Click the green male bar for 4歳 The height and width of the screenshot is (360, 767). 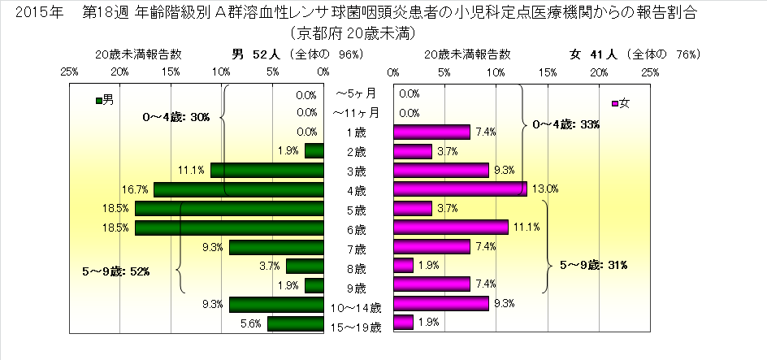tap(238, 189)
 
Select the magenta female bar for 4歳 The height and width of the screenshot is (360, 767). tap(460, 189)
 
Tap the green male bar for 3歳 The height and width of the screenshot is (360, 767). tap(266, 170)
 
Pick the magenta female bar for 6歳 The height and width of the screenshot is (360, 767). tap(450, 228)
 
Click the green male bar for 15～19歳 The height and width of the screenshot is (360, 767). tap(295, 323)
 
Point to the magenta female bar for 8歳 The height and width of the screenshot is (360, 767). tap(403, 266)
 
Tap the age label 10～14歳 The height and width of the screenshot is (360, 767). tap(357, 308)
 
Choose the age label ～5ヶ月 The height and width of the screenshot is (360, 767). tap(357, 93)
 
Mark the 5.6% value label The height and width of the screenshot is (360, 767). tap(250, 323)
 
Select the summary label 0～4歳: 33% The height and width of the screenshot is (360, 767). tap(566, 124)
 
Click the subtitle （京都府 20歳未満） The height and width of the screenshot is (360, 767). tap(357, 34)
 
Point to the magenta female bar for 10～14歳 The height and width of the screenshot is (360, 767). tap(440, 304)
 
